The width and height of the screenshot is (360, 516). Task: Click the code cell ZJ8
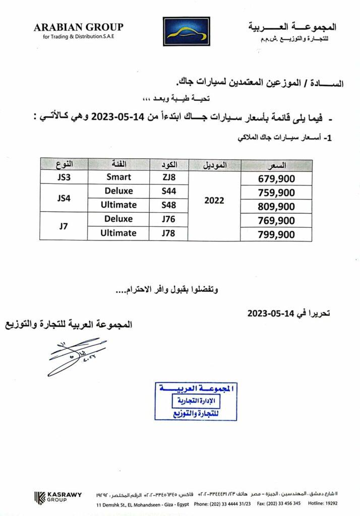[x=168, y=177]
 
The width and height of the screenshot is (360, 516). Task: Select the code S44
[x=168, y=191]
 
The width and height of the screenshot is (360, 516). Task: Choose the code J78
[x=168, y=233]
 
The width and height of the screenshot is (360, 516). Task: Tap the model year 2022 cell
[x=214, y=200]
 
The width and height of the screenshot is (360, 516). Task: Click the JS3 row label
[x=64, y=177]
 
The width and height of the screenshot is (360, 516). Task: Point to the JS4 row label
[x=64, y=198]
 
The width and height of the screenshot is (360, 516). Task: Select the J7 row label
[x=64, y=226]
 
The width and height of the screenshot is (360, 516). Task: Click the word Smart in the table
[x=119, y=177]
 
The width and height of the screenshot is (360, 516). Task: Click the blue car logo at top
[x=186, y=33]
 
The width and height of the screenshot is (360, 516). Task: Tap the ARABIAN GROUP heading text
[x=78, y=28]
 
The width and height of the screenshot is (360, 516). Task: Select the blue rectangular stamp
[x=196, y=402]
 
